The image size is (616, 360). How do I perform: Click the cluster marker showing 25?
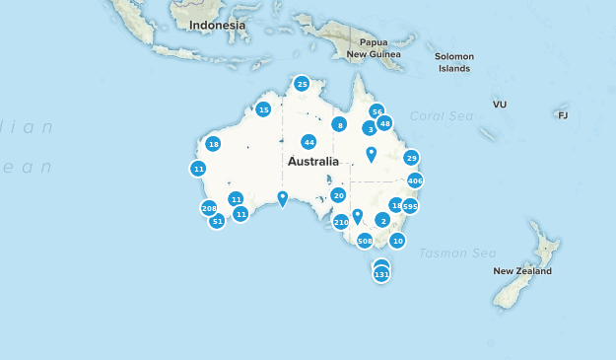click(x=302, y=84)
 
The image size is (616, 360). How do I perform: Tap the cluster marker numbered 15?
click(x=263, y=109)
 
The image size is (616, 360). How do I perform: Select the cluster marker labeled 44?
click(x=308, y=142)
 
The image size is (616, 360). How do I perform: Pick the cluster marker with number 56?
click(x=376, y=112)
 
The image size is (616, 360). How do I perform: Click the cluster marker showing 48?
click(x=384, y=123)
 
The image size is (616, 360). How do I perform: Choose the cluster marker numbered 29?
click(x=411, y=158)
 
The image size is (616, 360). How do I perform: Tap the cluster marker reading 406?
click(x=415, y=181)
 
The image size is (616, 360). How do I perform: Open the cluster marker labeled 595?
click(x=410, y=206)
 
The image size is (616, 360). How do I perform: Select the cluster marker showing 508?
click(x=364, y=241)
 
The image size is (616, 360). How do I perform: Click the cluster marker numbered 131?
click(x=381, y=274)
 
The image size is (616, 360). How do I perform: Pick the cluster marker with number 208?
click(x=209, y=208)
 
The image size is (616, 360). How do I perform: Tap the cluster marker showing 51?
click(x=218, y=221)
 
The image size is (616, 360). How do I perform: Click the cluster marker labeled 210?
click(x=341, y=222)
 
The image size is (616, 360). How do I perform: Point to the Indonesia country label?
click(x=217, y=25)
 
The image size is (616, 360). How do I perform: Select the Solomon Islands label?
click(x=454, y=62)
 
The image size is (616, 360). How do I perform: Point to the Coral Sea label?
click(x=434, y=115)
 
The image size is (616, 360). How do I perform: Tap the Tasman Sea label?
click(x=456, y=253)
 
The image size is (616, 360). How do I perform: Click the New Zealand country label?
click(x=522, y=270)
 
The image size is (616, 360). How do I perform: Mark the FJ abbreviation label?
click(x=563, y=115)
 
